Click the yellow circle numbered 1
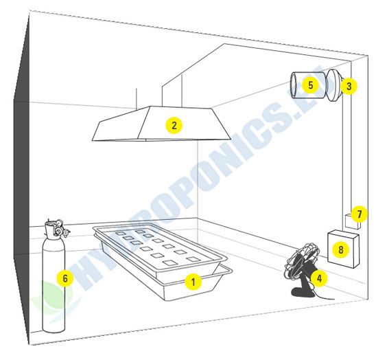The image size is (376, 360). [193, 281]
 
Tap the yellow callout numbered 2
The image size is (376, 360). [174, 125]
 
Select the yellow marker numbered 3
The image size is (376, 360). [349, 86]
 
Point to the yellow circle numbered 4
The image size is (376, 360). [320, 278]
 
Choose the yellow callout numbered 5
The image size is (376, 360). [311, 85]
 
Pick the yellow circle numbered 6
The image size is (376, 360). [65, 278]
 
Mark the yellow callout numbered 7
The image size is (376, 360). [359, 214]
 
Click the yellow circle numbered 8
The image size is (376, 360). [341, 249]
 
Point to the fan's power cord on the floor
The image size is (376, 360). [322, 296]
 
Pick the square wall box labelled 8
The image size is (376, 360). [343, 249]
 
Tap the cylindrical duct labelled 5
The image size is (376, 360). [308, 85]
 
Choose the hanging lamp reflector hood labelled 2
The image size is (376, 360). [161, 123]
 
